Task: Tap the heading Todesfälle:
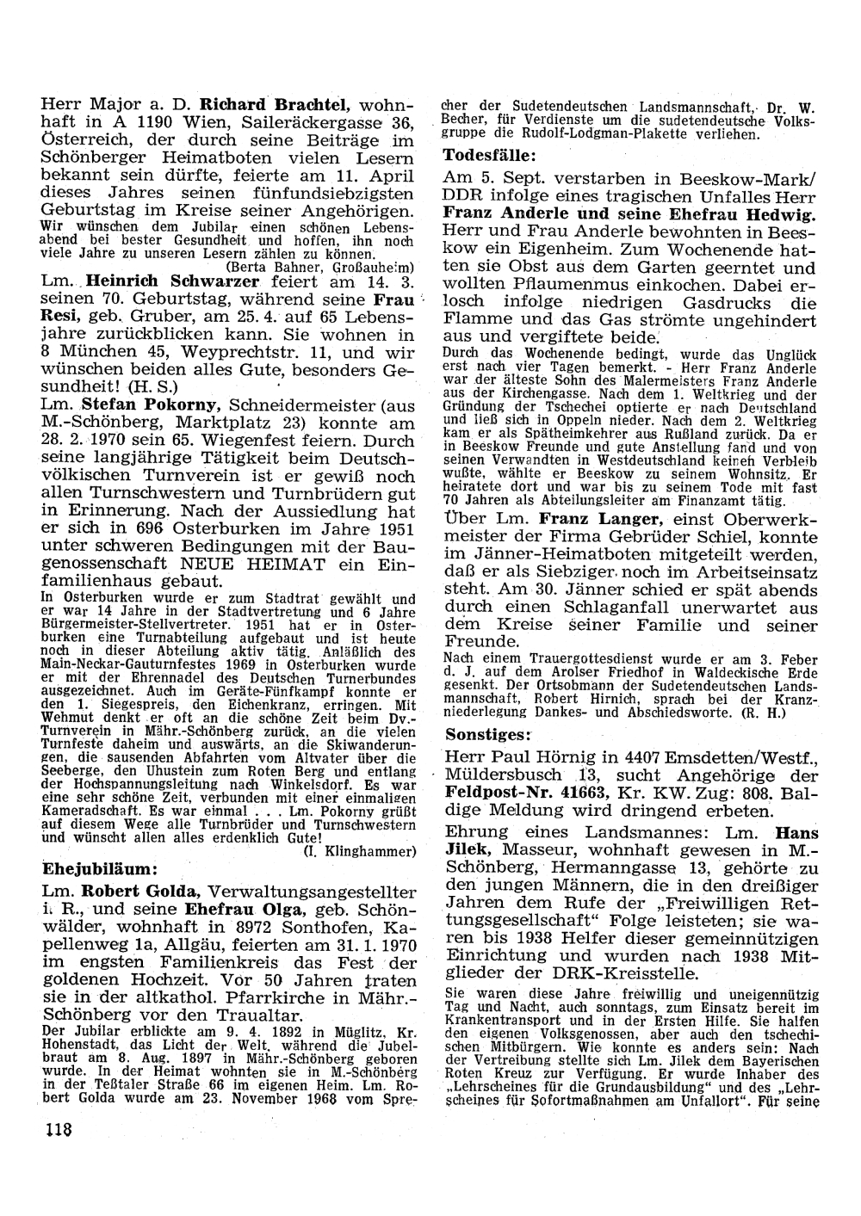point(489,156)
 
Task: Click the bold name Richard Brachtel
point(274,106)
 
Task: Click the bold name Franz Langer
point(600,519)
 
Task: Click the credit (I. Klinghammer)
point(361,851)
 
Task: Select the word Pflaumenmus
point(572,285)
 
